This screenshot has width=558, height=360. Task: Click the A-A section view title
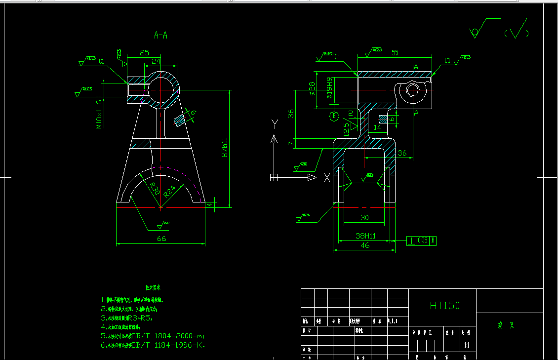coord(161,35)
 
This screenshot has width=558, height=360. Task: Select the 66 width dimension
coord(161,239)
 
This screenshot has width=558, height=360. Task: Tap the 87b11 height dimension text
coord(225,147)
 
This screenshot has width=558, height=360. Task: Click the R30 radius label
coord(154,188)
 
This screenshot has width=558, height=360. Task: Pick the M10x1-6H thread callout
coord(99,112)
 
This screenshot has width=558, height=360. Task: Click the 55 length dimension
coord(395,52)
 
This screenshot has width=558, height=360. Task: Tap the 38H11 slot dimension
coord(365,236)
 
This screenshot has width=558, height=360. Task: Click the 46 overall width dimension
coord(365,245)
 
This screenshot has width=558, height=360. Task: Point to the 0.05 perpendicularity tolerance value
coord(423,240)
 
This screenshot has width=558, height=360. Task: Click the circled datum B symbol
coord(334,117)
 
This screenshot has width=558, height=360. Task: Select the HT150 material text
coord(444,306)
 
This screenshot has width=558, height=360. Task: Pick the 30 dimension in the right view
coord(364,217)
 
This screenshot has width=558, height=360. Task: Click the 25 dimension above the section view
coord(144,52)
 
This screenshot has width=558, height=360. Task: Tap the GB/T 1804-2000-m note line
coord(153,336)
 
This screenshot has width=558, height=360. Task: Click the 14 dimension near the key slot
coord(378,127)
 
